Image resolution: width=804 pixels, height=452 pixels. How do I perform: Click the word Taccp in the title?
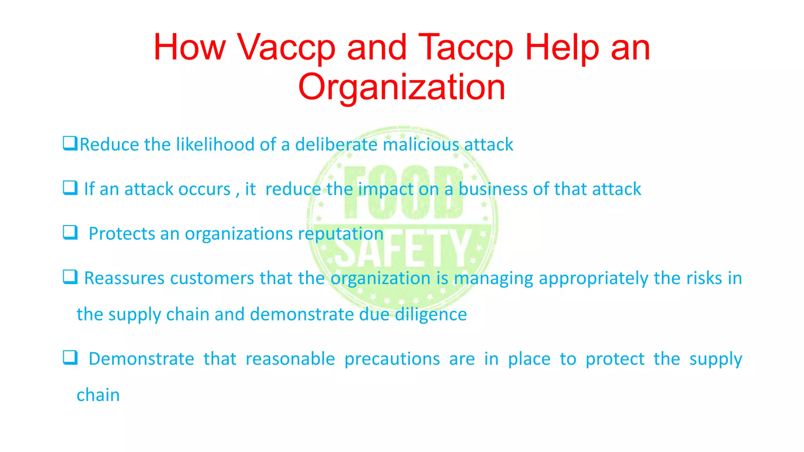click(466, 48)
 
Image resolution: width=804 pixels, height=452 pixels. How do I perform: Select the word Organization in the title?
click(402, 87)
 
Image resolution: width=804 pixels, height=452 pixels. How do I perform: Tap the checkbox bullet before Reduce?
click(70, 143)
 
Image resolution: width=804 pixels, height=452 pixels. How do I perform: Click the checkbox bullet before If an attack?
click(70, 188)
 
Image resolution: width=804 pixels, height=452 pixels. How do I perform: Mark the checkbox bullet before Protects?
click(70, 232)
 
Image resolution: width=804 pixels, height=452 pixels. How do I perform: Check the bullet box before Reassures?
click(70, 277)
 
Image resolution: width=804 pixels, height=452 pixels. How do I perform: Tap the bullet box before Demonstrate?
click(70, 357)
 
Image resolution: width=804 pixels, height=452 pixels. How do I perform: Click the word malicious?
click(421, 144)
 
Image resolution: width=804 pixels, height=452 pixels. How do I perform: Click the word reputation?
click(340, 234)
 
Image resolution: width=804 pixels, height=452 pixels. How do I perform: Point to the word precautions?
click(392, 359)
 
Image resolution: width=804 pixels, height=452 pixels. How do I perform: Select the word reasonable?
click(290, 359)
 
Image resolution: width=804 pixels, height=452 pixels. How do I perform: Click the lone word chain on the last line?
click(98, 395)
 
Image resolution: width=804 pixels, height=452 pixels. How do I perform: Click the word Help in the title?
click(563, 48)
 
